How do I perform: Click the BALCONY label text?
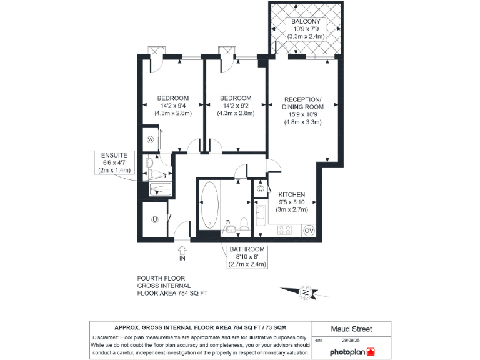[306, 22]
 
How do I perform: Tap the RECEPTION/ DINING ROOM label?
[302, 104]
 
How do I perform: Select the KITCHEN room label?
[291, 194]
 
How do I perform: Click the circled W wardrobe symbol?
[151, 140]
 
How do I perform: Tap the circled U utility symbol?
[154, 219]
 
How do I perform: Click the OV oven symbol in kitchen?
[308, 230]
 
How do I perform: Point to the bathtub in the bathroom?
[209, 204]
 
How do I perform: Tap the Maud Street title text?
[352, 329]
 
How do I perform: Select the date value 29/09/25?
[352, 341]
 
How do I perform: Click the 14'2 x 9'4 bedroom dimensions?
[173, 106]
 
